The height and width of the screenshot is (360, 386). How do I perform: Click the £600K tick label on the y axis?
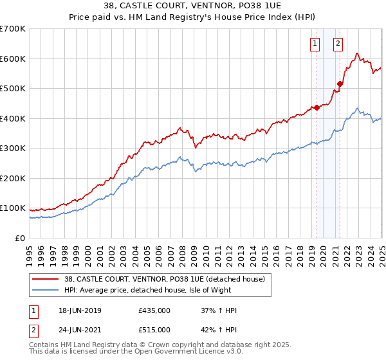[x=12, y=59]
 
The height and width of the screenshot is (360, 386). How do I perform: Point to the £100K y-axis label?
[x=12, y=208]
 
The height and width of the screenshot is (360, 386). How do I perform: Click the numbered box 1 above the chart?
[x=315, y=44]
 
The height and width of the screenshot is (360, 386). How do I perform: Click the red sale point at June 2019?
[x=317, y=108]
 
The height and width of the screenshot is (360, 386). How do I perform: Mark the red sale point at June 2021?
[x=340, y=84]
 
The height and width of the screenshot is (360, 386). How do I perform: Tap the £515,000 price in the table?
[x=154, y=330]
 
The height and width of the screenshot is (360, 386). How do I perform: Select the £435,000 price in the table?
[x=154, y=310]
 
